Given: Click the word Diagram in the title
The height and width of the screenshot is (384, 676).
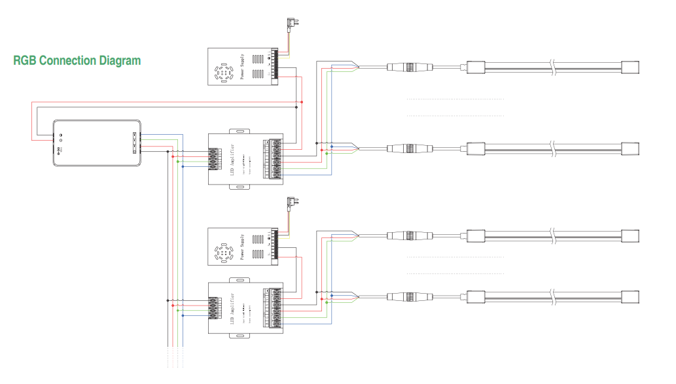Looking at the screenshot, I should (120, 61).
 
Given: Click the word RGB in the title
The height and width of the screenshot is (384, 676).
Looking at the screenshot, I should (25, 61).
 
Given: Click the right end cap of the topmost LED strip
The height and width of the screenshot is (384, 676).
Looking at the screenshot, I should (630, 67).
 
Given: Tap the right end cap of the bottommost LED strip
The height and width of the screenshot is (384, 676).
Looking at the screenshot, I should (630, 297).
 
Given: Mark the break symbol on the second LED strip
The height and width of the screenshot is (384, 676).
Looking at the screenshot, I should (553, 148).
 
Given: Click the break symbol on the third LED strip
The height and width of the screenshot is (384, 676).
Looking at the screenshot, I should (553, 236).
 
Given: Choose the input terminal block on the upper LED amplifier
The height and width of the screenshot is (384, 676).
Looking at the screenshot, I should (213, 159).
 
